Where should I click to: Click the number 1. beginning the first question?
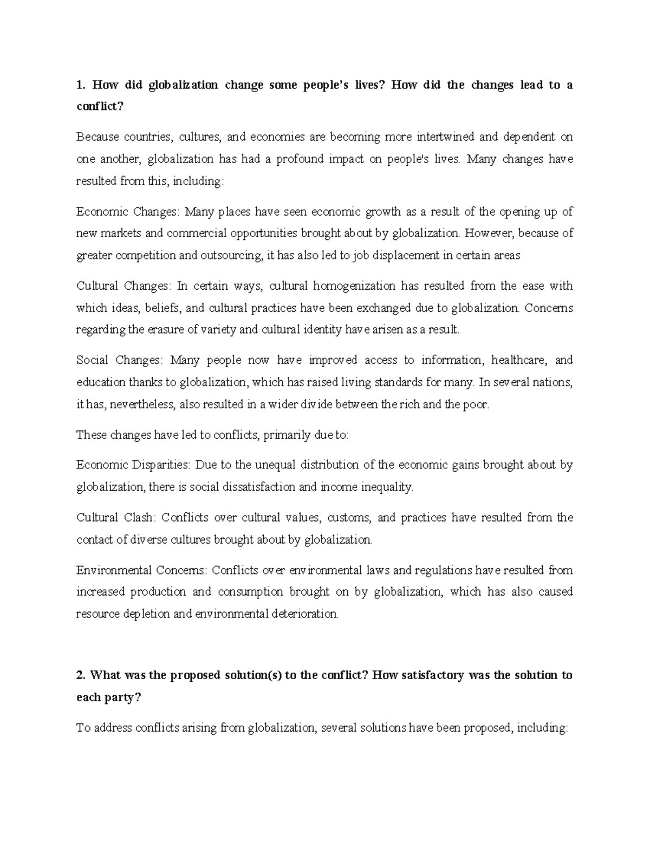click(81, 85)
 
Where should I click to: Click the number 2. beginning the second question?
click(81, 675)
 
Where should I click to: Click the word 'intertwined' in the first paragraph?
click(445, 137)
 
